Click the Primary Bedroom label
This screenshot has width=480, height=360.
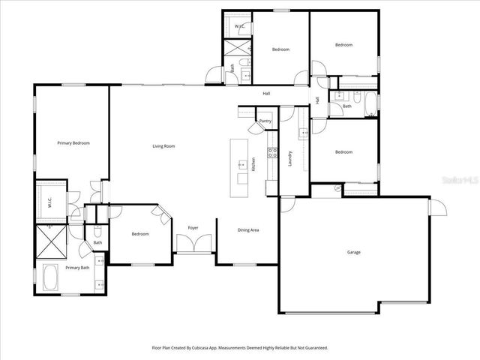(74, 142)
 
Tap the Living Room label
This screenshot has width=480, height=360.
(163, 146)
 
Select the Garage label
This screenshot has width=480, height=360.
(354, 252)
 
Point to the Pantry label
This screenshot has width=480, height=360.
(265, 121)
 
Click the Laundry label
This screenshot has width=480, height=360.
(290, 159)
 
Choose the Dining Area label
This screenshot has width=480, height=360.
(248, 229)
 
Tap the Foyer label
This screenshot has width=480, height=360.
(193, 227)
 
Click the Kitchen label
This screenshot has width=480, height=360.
(253, 163)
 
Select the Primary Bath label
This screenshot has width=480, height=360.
(77, 267)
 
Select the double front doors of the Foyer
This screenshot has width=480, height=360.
(193, 244)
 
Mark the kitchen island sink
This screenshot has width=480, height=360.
(241, 164)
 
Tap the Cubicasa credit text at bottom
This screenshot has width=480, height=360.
(240, 348)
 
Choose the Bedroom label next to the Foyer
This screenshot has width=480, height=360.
(140, 234)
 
